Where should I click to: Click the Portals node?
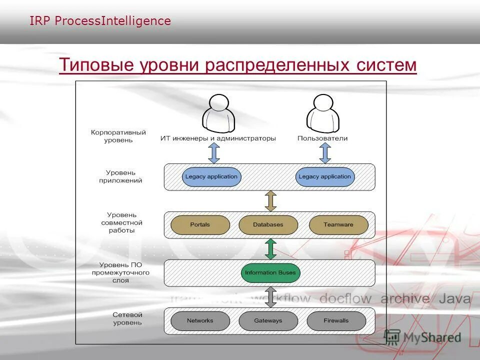200,225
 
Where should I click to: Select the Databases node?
268,225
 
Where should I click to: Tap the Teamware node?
338,225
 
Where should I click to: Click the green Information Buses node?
270,273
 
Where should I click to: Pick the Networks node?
200,321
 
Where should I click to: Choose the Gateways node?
268,321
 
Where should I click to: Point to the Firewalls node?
336,321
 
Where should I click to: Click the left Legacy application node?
211,177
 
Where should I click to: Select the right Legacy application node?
325,177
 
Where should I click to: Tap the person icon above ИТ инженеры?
218,113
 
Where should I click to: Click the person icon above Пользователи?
323,113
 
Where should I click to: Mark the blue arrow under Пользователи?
325,153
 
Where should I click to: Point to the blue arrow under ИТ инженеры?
214,153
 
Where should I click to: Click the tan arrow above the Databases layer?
270,201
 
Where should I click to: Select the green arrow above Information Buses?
270,249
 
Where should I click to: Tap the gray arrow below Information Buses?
270,297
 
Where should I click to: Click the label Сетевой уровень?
127,319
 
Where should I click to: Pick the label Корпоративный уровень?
118,136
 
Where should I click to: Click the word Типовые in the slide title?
93,65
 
